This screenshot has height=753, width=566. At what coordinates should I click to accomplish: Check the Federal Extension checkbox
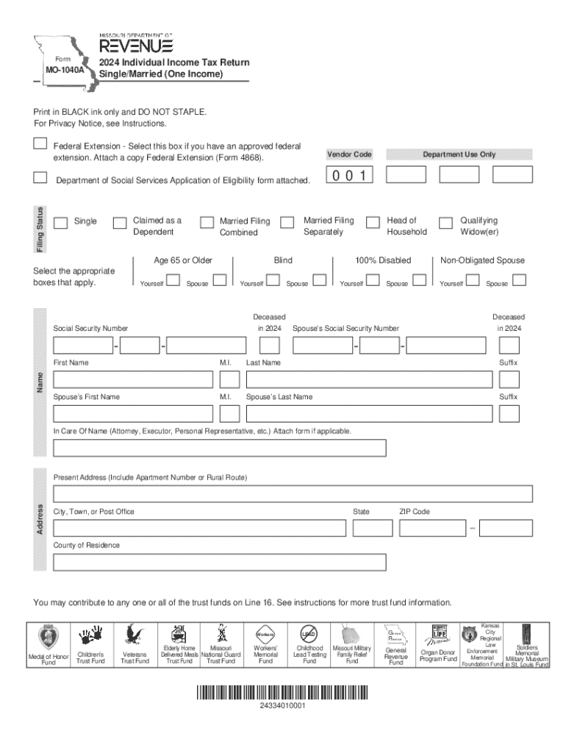[40, 144]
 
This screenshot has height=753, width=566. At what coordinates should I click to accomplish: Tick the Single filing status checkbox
[61, 222]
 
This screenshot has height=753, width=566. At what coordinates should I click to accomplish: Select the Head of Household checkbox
[373, 222]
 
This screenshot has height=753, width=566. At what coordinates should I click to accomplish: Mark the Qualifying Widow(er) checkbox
[445, 222]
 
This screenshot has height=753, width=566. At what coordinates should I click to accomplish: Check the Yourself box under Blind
[273, 280]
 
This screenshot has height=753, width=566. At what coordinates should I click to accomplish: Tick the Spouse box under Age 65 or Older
[219, 280]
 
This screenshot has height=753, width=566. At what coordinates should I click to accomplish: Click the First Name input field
[132, 379]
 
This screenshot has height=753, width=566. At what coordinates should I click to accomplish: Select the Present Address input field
[293, 493]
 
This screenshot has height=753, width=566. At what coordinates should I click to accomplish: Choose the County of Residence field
[219, 562]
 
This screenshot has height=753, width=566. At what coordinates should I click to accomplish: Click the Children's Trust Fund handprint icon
[91, 635]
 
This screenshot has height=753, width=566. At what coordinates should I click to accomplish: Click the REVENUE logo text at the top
[136, 45]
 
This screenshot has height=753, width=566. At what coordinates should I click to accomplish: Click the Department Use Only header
[459, 154]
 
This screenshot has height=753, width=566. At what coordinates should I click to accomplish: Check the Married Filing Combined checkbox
[207, 222]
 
